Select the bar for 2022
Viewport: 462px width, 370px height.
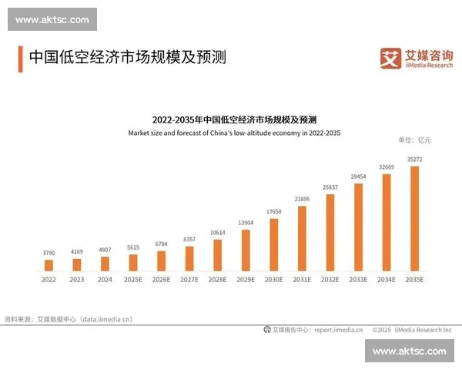tap(49, 265)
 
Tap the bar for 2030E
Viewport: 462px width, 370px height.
tap(273, 244)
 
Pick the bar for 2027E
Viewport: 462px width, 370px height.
tap(189, 258)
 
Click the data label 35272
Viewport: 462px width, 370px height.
tap(414, 160)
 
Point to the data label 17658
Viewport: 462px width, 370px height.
tap(273, 212)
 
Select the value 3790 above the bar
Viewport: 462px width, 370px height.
tap(49, 252)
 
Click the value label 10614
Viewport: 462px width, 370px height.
tap(217, 232)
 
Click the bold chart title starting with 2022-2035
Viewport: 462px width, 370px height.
tap(234, 120)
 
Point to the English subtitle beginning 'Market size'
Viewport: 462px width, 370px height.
tap(234, 133)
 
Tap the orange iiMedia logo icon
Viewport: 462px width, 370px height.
tap(391, 58)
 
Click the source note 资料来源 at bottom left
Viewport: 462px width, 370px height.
tap(69, 318)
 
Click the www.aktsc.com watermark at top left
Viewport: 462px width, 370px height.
tap(52, 19)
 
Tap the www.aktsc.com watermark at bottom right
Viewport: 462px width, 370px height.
tap(409, 351)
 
